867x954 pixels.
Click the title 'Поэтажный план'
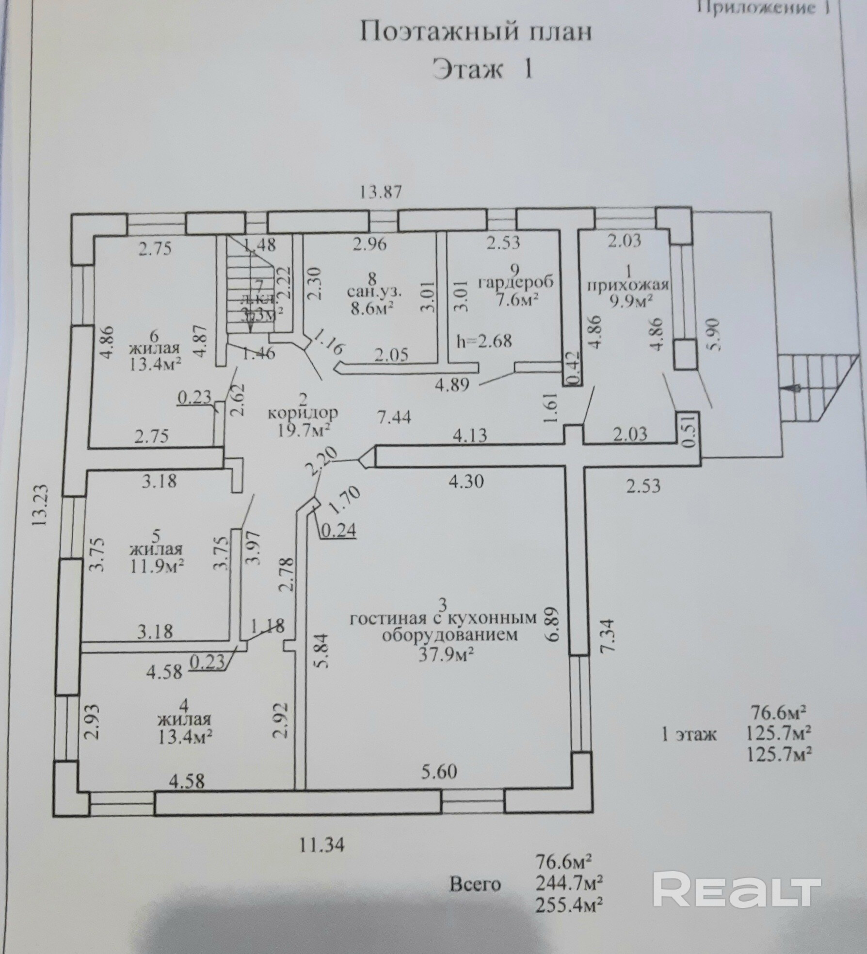click(475, 33)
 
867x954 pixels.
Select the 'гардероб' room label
click(515, 282)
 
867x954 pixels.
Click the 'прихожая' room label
click(628, 285)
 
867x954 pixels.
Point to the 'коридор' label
click(303, 413)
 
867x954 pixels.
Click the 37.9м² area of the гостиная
click(446, 655)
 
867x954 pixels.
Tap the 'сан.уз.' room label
click(374, 292)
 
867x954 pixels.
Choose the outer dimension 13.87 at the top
click(381, 192)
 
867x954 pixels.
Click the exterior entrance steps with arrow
click(815, 388)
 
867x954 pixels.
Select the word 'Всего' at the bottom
click(475, 897)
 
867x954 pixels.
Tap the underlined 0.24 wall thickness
click(338, 531)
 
